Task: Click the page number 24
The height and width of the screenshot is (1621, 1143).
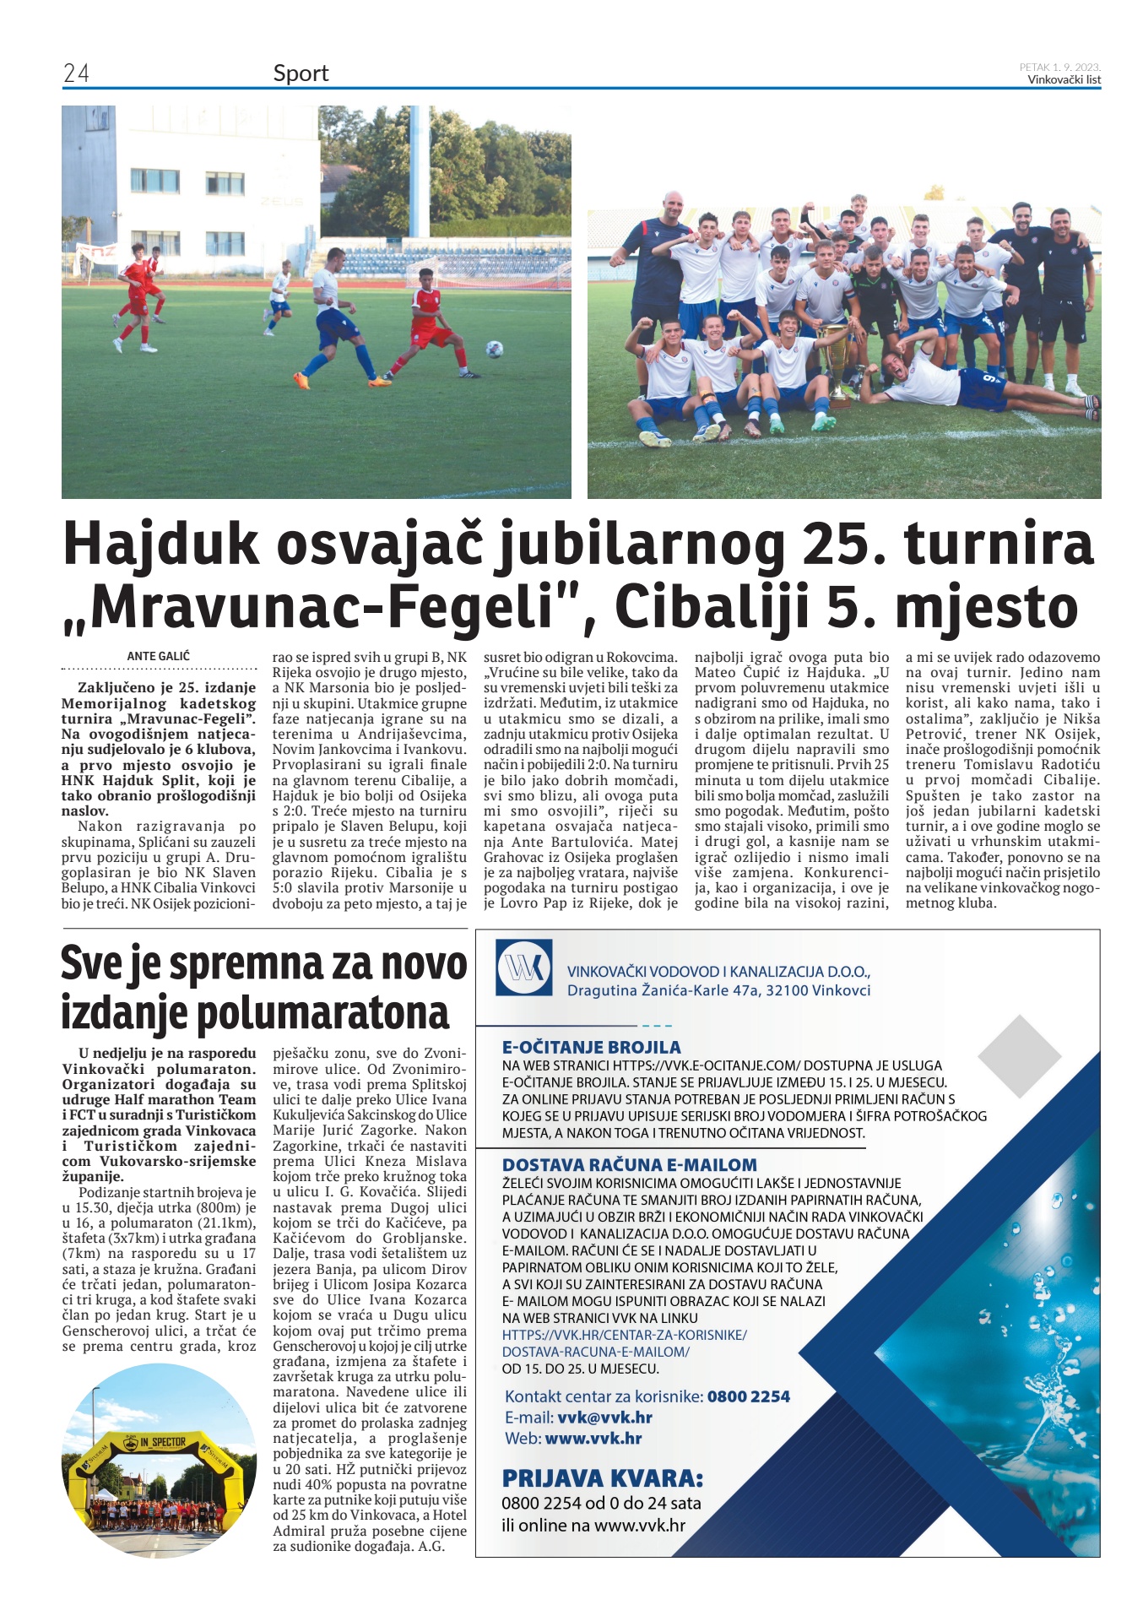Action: click(76, 73)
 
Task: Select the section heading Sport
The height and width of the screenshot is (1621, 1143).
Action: click(301, 73)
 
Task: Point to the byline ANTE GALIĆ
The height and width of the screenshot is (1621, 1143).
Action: click(159, 656)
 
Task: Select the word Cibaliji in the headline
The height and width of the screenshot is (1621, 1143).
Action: click(712, 606)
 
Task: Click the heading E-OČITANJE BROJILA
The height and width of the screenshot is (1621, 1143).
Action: click(591, 1047)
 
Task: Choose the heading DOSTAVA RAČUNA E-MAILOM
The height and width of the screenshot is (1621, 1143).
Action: click(629, 1165)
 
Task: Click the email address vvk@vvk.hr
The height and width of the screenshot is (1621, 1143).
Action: click(604, 1418)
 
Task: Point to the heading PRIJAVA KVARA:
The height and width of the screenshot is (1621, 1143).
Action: click(602, 1478)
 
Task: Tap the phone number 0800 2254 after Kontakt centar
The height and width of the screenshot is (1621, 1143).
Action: click(748, 1396)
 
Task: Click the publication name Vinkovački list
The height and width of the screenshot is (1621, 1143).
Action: click(1064, 80)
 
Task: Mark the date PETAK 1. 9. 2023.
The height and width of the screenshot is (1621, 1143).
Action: click(1059, 67)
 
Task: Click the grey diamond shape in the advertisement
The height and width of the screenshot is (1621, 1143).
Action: click(1019, 1055)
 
